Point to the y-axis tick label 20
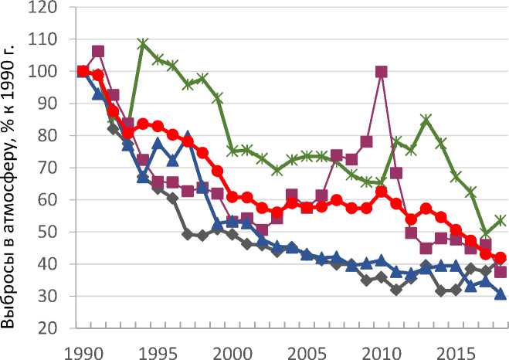(52, 328)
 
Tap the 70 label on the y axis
(52, 168)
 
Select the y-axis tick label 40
(52, 264)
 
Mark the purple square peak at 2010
(381, 72)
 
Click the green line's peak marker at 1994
(143, 44)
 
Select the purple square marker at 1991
(98, 52)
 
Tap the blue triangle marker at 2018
(501, 294)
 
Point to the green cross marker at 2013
(426, 120)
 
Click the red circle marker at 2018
(501, 258)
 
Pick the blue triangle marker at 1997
(188, 135)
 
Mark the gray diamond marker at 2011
(396, 290)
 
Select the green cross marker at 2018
(501, 220)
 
